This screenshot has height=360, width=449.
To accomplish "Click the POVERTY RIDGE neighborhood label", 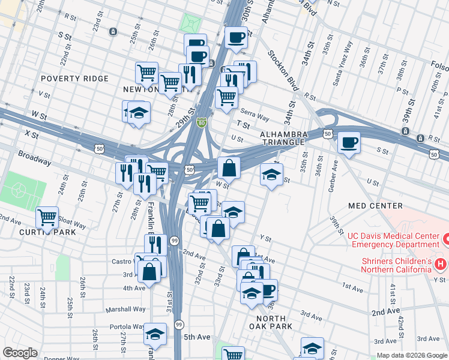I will [x=74, y=79].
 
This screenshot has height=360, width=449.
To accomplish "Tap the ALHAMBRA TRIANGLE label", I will [x=285, y=139].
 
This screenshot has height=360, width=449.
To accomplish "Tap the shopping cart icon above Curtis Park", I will [x=47, y=217].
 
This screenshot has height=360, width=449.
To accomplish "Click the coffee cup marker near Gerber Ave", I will [x=349, y=143].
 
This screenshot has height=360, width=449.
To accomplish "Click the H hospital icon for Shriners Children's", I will [x=441, y=264].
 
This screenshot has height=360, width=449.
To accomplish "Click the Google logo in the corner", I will [x=20, y=353].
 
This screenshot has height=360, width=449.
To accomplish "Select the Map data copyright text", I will [x=412, y=355].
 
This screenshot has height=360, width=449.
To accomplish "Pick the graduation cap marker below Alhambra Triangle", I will [x=271, y=175].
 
